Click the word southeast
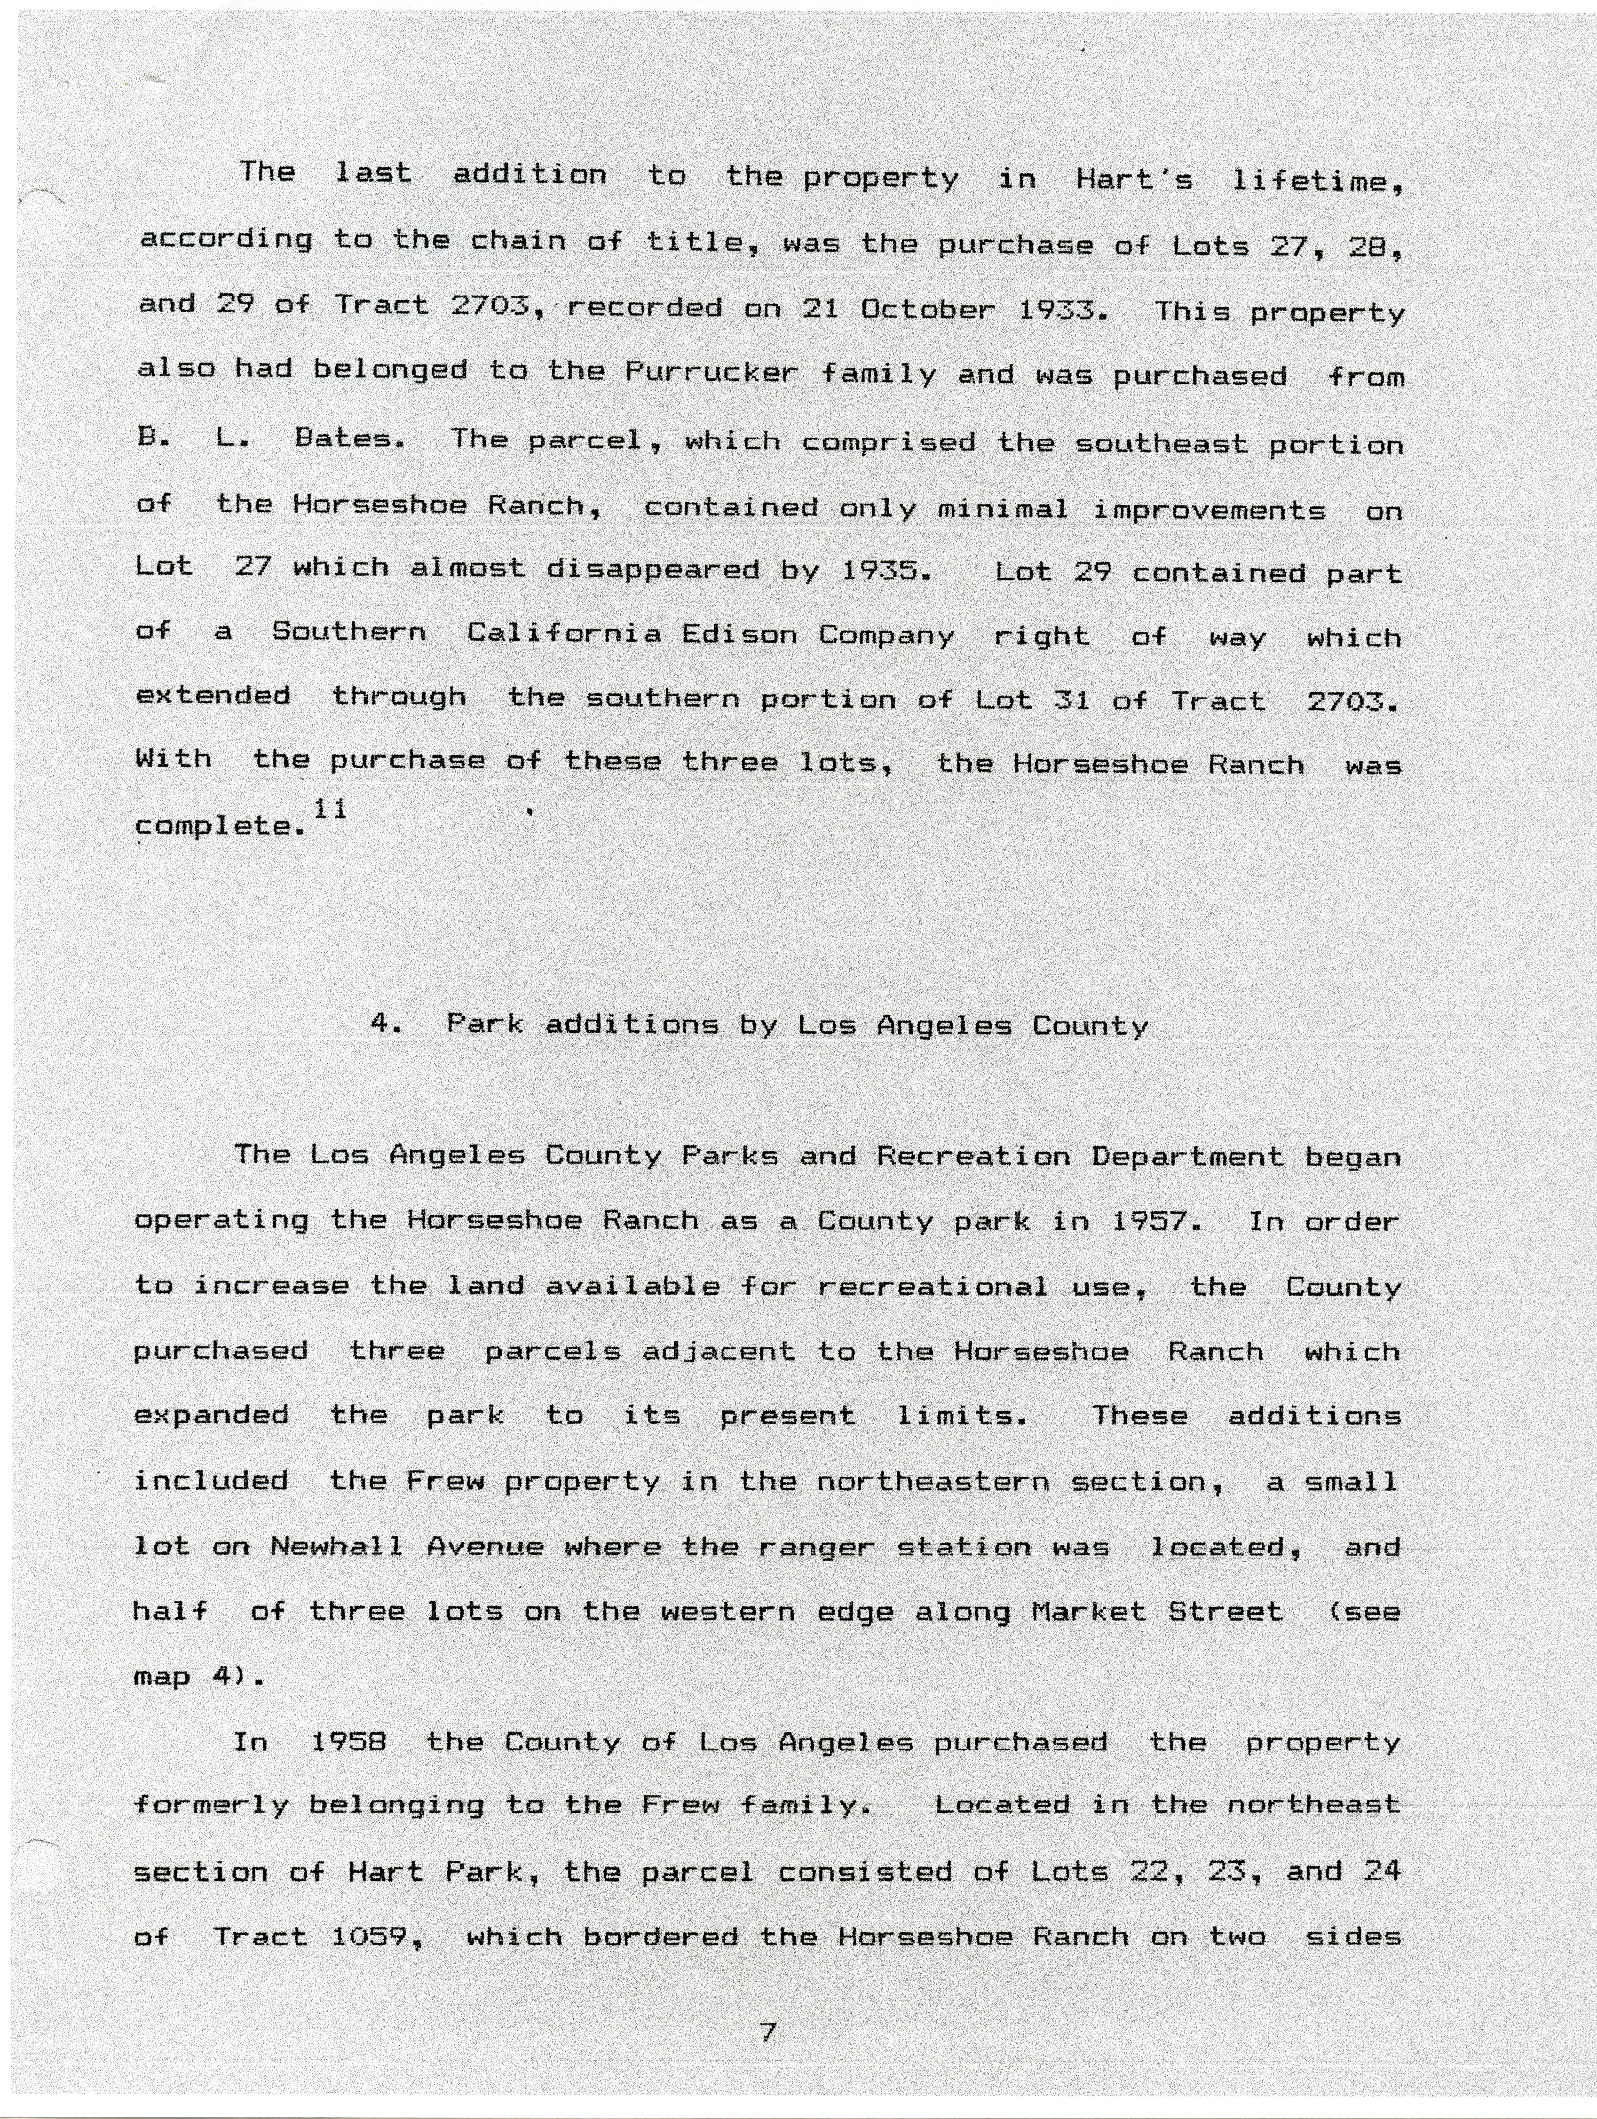pos(1161,443)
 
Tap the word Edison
pos(739,634)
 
